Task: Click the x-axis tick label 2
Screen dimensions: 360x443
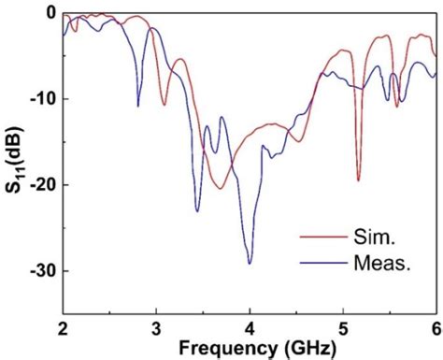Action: (x=63, y=327)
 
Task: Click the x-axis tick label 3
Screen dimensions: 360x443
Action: (x=156, y=327)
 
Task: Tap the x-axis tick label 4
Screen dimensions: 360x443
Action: (x=250, y=327)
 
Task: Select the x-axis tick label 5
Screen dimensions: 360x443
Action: (x=343, y=327)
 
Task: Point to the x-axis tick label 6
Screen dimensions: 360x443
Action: (x=436, y=327)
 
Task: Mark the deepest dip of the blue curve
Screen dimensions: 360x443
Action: (x=250, y=264)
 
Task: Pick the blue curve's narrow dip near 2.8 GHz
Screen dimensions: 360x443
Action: (x=138, y=106)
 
